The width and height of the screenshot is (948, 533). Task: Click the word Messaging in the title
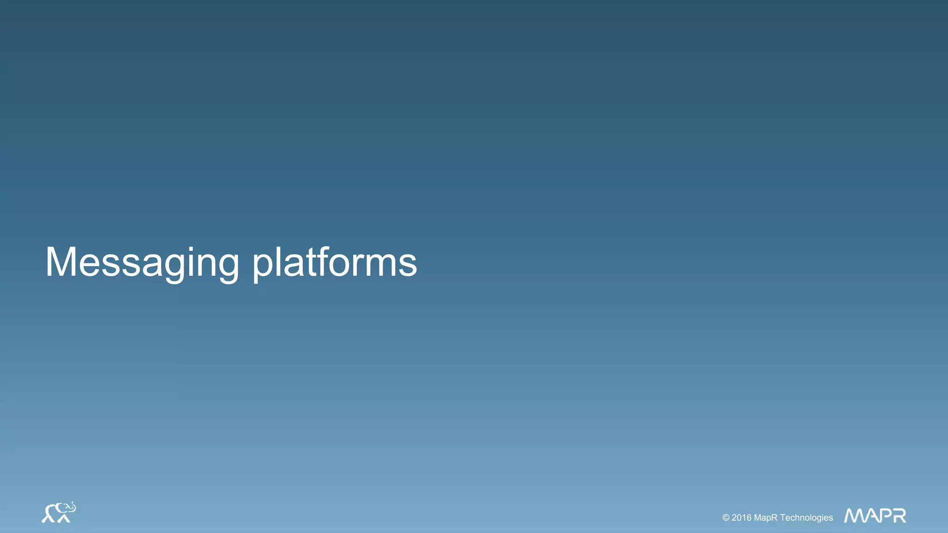click(142, 262)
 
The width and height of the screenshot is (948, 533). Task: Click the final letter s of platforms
click(408, 266)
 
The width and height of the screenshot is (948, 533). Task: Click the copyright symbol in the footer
click(726, 518)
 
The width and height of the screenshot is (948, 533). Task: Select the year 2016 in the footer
click(742, 518)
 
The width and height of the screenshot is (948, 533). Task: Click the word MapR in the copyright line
click(766, 518)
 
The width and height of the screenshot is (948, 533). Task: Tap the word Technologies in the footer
click(806, 518)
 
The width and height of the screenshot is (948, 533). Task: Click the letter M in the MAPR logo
click(854, 516)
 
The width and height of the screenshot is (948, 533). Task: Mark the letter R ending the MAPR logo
click(899, 516)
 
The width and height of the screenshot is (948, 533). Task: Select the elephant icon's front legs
click(64, 518)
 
